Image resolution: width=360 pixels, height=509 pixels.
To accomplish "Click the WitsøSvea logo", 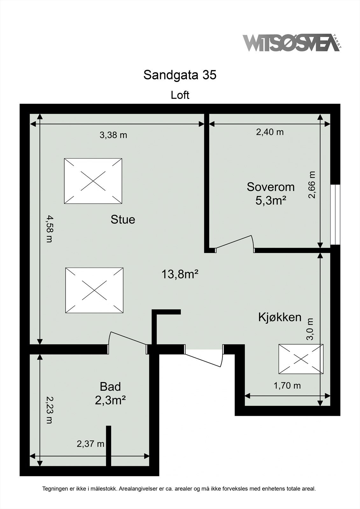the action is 292,43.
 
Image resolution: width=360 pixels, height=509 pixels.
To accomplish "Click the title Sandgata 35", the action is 180,75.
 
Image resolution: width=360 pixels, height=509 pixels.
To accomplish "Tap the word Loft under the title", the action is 180,95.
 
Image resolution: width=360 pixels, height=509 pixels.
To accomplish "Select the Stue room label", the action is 123,220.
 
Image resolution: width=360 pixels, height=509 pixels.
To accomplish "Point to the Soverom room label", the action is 271,187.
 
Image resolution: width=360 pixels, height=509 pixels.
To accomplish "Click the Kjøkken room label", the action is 280,317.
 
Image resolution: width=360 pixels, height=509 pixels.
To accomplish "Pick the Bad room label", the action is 110,387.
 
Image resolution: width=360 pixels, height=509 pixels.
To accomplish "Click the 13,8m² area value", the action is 180,274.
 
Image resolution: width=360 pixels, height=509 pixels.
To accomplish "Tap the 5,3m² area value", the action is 271,201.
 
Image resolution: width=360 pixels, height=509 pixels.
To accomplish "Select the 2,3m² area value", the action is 110,401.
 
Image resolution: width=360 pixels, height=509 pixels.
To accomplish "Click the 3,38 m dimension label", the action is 113,135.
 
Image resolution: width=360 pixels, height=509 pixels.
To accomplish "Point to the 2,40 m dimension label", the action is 270,132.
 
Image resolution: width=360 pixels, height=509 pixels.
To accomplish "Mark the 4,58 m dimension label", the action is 49,229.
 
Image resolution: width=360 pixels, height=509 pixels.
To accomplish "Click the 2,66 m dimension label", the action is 312,185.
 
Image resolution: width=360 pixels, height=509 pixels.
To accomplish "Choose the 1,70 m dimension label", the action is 287,386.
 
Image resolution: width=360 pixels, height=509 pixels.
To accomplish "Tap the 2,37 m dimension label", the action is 90,443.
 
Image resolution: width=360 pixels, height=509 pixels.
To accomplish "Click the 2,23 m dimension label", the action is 49,410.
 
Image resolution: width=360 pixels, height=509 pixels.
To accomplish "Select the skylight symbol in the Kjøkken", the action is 301,359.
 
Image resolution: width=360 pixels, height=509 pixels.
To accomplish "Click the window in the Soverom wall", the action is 335,214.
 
